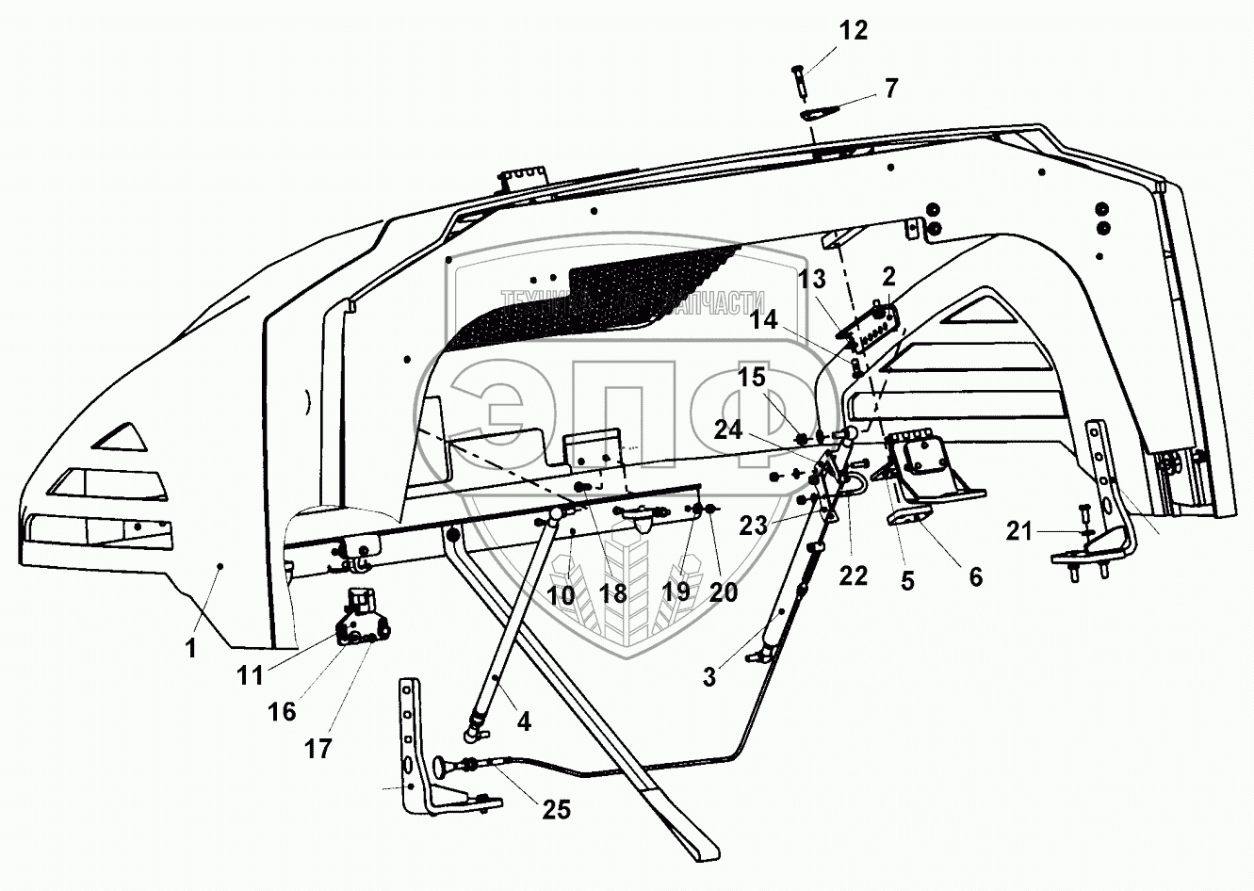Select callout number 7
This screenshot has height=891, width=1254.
click(x=890, y=89)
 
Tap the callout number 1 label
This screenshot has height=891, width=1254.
click(x=191, y=649)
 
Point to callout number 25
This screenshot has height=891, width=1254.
click(x=557, y=809)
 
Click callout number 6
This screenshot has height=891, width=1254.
click(x=974, y=576)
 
